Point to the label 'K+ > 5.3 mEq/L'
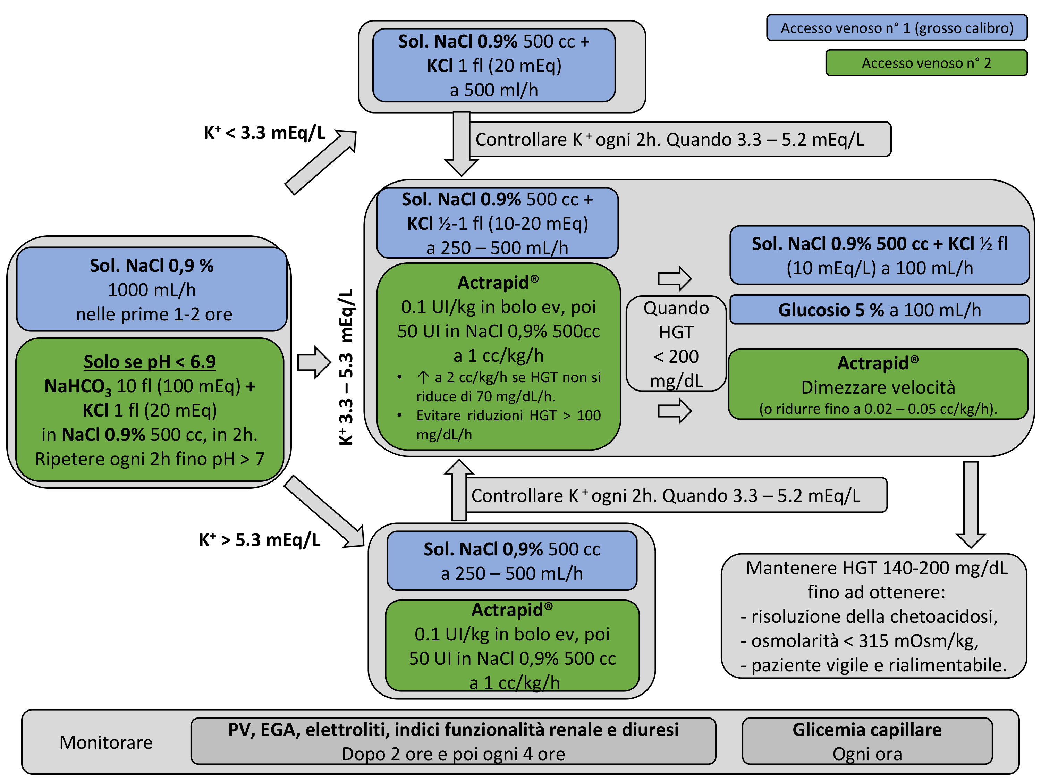tap(259, 540)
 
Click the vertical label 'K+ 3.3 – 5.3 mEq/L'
tap(346, 367)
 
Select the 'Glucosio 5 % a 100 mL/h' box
tap(879, 310)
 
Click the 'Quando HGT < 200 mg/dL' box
tap(676, 344)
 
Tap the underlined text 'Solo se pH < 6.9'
tap(150, 362)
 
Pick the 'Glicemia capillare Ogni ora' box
tap(867, 741)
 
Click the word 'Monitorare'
tap(106, 742)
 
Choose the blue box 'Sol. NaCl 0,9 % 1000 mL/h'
tap(152, 289)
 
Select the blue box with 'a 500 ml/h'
tap(494, 66)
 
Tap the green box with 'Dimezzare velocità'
tap(878, 385)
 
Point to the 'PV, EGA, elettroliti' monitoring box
tap(453, 741)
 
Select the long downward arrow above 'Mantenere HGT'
tap(971, 504)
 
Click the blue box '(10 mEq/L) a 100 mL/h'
tap(879, 255)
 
